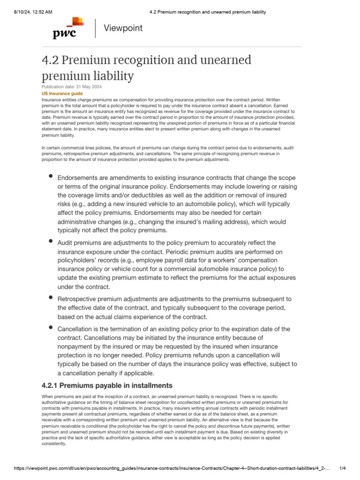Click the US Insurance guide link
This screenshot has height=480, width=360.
coord(59,94)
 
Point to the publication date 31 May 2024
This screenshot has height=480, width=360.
coord(86,87)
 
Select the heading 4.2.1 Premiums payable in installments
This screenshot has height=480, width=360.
coord(107,385)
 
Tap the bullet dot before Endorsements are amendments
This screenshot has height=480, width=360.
coord(51,176)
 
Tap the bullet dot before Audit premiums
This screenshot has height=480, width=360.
coord(51,241)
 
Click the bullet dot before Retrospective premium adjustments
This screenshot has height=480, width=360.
coord(51,297)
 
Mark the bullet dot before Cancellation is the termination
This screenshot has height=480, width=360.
coord(51,327)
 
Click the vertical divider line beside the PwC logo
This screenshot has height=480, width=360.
coord(96,28)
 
